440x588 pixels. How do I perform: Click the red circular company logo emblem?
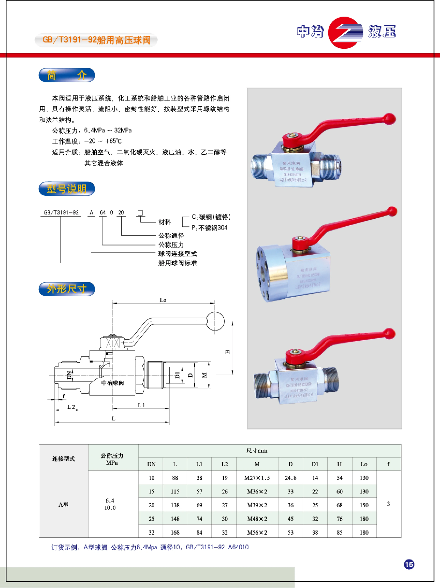345,32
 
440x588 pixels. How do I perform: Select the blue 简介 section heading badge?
67,75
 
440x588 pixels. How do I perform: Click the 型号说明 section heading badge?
67,189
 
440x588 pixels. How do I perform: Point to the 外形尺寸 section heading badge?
67,289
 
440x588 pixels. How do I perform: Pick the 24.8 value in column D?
291,478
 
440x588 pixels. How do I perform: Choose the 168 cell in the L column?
175,532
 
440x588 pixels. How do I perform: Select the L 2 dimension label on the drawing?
71,407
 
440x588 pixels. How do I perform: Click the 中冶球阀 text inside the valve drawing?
112,383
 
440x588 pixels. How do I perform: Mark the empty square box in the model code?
140,213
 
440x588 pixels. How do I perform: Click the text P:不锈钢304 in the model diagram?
209,228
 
